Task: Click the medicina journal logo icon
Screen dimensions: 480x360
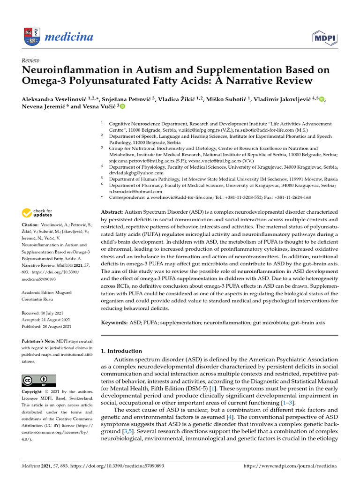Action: click(30, 37)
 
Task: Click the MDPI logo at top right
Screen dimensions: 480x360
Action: click(322, 37)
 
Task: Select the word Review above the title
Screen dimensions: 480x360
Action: click(30, 60)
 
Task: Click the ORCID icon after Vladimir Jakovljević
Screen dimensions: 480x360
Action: click(321, 99)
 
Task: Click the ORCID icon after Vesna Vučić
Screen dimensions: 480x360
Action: click(122, 107)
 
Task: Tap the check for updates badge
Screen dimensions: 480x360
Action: click(37, 214)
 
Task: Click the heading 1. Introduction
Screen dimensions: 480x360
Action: click(121, 351)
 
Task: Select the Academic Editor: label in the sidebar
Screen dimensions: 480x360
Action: click(40, 279)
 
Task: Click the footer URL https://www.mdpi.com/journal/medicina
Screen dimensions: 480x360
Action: click(291, 466)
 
